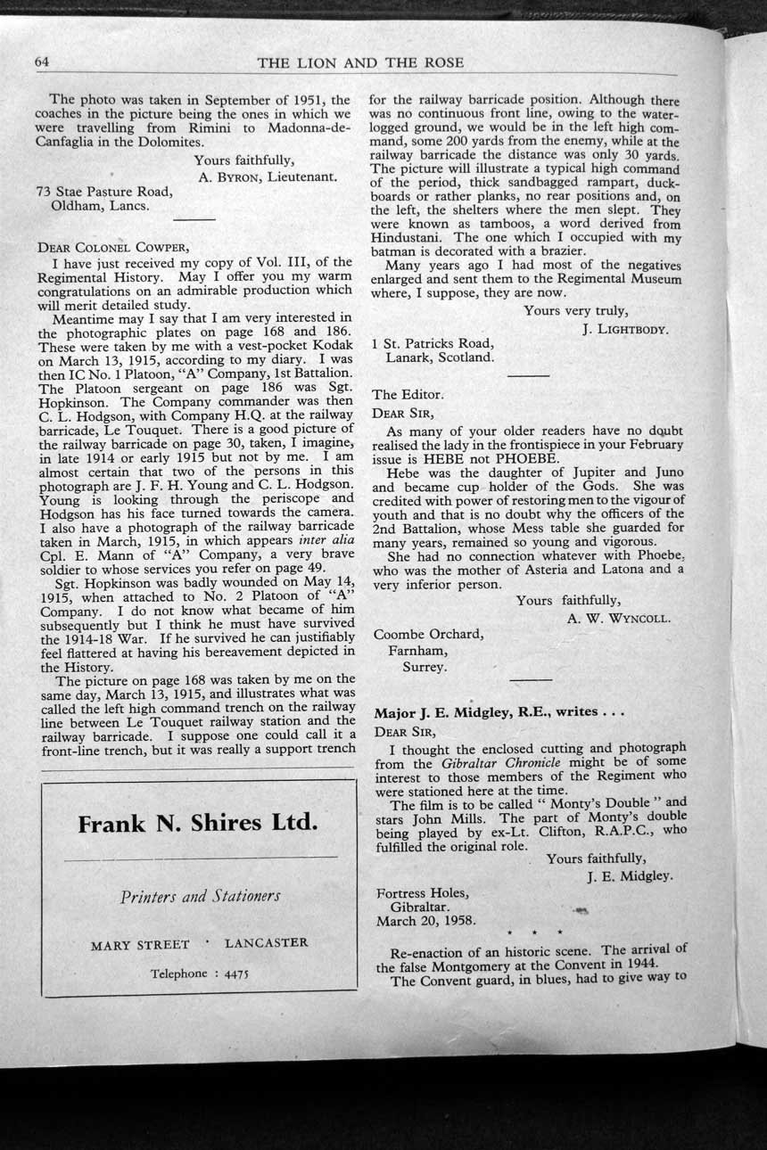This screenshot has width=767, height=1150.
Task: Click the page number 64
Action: coord(42,62)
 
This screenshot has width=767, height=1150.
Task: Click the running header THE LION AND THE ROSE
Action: coord(360,62)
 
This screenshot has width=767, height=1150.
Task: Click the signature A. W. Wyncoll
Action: coord(618,617)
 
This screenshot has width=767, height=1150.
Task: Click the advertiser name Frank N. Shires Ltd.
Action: coord(198,823)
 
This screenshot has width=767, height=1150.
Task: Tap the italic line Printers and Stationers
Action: coord(200,896)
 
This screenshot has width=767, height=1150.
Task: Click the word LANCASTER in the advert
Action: coord(266,942)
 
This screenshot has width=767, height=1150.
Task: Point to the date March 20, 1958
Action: coord(425,920)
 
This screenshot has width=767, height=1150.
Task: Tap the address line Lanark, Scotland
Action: coord(440,357)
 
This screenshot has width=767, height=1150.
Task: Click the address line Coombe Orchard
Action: coord(428,635)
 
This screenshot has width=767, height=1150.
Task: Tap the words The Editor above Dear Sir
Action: coord(406,394)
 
